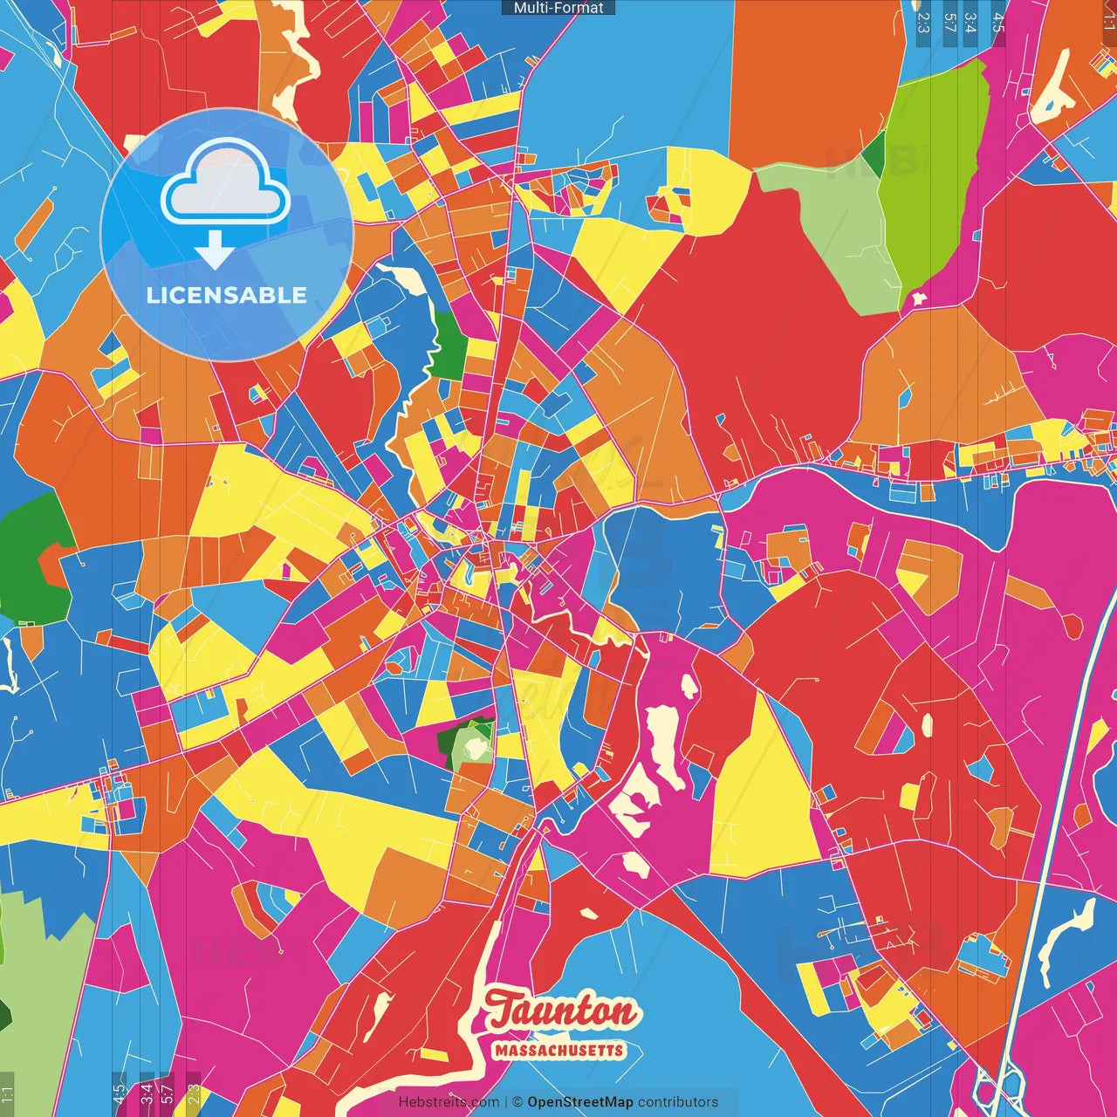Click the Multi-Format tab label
click(x=558, y=8)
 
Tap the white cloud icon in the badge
click(x=225, y=188)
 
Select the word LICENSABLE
click(x=227, y=295)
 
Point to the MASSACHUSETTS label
click(x=559, y=1050)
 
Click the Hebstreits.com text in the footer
click(x=449, y=1102)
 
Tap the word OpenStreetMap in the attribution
click(x=579, y=1102)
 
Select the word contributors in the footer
click(x=678, y=1102)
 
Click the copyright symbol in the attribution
click(x=517, y=1102)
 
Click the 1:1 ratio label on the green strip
click(x=7, y=1094)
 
